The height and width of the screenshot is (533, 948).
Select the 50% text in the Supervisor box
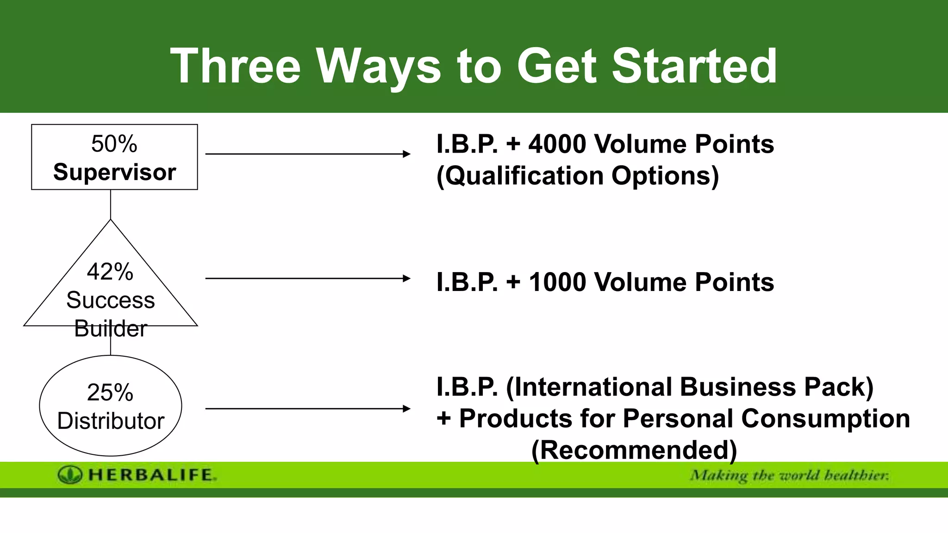[114, 144]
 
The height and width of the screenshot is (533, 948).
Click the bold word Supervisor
[114, 172]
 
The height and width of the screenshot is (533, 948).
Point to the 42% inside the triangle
[110, 272]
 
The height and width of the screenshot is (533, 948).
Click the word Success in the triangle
[110, 300]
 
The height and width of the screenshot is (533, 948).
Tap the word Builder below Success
[110, 328]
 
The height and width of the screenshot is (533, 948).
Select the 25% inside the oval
[110, 392]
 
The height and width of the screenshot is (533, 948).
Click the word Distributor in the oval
[111, 421]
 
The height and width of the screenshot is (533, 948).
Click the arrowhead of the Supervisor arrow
[406, 154]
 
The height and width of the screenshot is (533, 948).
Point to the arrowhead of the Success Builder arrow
[406, 279]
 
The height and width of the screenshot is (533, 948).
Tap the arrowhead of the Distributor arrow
[406, 409]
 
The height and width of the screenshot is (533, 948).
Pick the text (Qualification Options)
[578, 176]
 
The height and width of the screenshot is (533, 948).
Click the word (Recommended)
[634, 450]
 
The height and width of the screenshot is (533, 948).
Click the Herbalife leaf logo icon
[70, 475]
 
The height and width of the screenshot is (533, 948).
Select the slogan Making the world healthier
[789, 475]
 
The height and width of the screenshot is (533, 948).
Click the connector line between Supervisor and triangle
[111, 204]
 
